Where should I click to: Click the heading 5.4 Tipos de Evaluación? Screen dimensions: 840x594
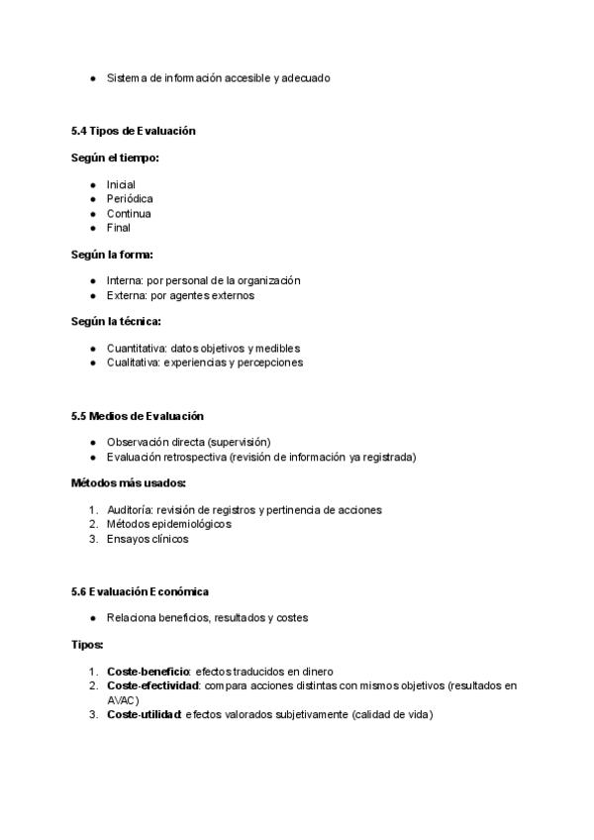tap(134, 131)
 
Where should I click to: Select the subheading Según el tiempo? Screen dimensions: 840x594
tap(116, 157)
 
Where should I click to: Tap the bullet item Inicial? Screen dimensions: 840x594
tap(121, 185)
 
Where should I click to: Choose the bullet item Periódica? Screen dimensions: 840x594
tap(130, 199)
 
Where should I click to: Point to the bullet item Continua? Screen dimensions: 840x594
tap(129, 214)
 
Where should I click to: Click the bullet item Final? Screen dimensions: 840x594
tap(119, 228)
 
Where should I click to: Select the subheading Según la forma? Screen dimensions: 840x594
tap(112, 255)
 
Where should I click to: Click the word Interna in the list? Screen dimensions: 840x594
tap(125, 281)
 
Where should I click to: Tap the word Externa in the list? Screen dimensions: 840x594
tap(126, 295)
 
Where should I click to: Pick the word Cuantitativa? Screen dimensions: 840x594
tap(136, 349)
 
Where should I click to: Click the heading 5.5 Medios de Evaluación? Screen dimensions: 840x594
tap(138, 415)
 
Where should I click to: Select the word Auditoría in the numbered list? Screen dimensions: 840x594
tap(129, 510)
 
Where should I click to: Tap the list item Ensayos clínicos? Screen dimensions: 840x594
tap(148, 540)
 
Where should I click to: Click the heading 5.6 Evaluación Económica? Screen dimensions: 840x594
tap(140, 591)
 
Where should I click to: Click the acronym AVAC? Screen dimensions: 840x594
tap(122, 700)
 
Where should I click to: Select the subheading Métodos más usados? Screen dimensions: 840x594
tap(129, 483)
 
